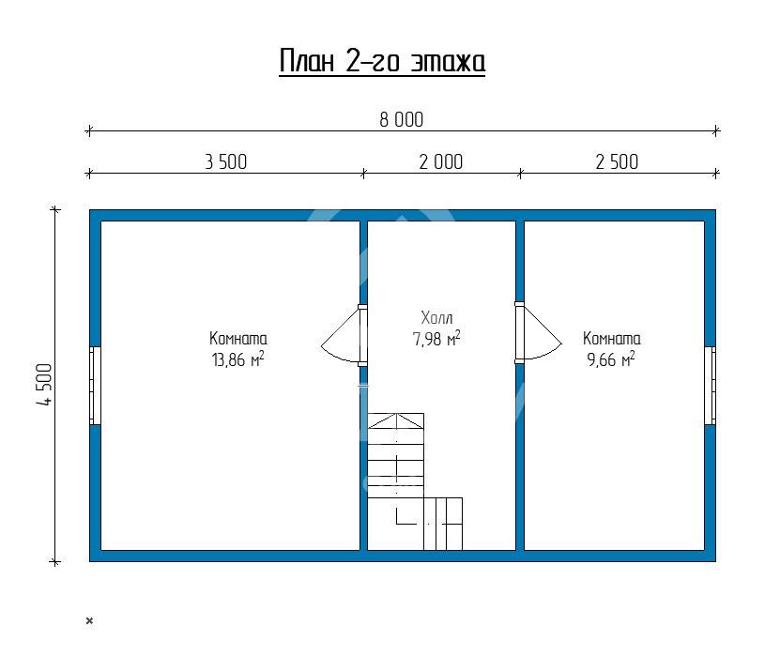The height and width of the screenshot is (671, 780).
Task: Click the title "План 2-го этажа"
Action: (381, 61)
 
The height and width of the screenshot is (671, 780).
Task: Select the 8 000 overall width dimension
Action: (402, 120)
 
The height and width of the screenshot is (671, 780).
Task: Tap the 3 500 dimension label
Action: (226, 162)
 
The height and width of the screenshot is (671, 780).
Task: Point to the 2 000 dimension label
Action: (441, 162)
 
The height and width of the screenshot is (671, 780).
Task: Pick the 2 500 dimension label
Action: (617, 162)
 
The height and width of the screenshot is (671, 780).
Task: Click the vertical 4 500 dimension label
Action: (44, 385)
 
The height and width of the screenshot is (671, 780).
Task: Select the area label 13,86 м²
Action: (237, 358)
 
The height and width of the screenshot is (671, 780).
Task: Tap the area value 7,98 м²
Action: (436, 338)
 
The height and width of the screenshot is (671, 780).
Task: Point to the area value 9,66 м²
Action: (611, 358)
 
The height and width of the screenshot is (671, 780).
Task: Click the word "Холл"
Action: (436, 317)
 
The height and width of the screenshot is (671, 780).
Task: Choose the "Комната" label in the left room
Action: (238, 338)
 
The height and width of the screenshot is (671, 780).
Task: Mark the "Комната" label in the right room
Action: (612, 338)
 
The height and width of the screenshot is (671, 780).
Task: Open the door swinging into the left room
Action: (344, 336)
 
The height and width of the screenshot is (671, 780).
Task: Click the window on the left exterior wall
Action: (95, 386)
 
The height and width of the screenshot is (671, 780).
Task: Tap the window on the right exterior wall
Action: (711, 386)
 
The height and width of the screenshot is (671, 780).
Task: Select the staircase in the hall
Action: (415, 481)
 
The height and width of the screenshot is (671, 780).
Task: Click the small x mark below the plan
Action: (89, 620)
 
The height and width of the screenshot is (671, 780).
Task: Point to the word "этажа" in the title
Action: (449, 62)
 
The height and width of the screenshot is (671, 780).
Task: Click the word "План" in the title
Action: (306, 61)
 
